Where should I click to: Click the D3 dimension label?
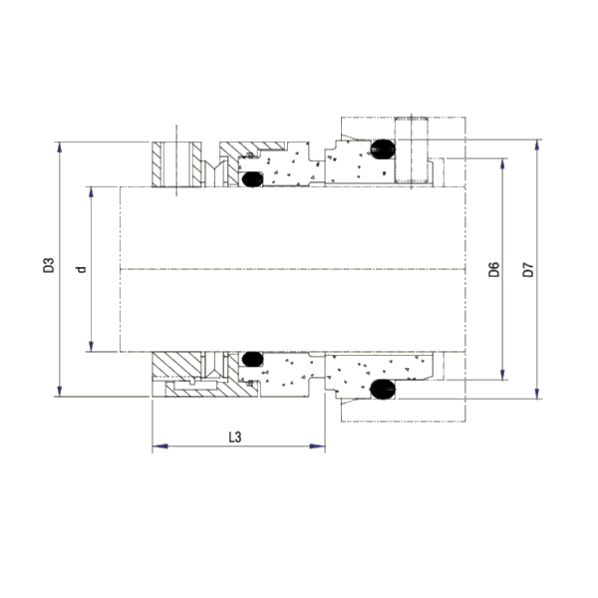47,267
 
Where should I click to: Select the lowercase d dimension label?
82,267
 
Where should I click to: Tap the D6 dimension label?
493,269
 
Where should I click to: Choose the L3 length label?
235,437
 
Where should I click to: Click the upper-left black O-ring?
252,180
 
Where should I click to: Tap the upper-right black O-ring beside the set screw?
381,149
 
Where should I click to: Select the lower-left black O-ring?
252,357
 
